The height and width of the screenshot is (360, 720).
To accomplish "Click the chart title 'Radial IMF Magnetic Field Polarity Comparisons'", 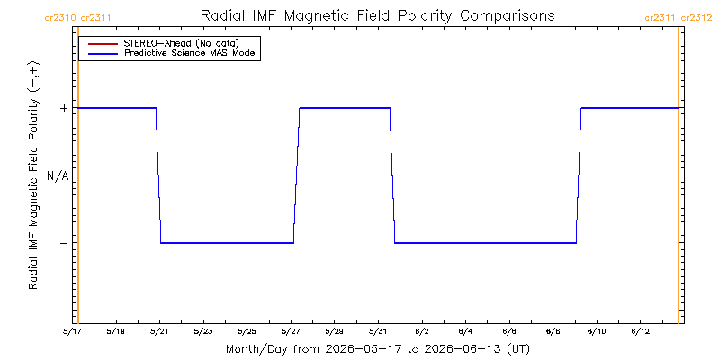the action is click(377, 16).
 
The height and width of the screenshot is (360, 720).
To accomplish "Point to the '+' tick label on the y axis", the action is click(64, 108).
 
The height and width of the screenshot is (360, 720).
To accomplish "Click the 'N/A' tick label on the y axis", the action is click(58, 175).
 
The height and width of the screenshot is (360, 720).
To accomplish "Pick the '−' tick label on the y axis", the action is click(64, 243).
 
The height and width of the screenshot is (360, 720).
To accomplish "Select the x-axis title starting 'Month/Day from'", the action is click(378, 349).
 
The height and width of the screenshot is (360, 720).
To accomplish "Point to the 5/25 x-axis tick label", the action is click(247, 331).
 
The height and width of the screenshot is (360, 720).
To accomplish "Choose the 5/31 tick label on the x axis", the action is click(378, 331).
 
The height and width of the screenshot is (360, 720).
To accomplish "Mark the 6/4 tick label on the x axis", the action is click(465, 331).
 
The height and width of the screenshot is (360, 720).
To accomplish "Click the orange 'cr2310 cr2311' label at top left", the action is click(77, 18).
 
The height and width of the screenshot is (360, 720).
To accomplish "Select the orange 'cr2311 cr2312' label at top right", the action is click(679, 18).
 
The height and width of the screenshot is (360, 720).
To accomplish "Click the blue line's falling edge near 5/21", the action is click(158, 175).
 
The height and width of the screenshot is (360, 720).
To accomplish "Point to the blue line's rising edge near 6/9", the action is click(579, 175).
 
